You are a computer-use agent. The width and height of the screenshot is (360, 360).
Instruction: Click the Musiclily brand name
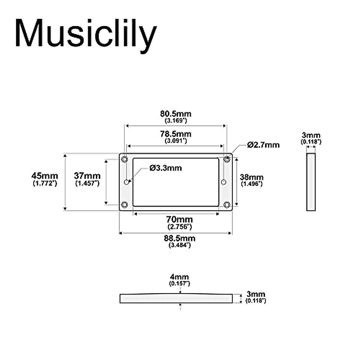click(x=85, y=34)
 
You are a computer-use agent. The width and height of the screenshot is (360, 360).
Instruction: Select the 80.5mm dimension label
click(x=175, y=114)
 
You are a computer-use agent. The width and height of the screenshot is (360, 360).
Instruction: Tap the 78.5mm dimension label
click(x=175, y=134)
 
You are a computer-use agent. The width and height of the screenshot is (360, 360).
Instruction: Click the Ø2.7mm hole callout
click(x=263, y=145)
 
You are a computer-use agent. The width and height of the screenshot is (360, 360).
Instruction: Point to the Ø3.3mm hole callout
click(x=166, y=168)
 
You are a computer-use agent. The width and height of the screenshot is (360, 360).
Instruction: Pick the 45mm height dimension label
click(x=45, y=176)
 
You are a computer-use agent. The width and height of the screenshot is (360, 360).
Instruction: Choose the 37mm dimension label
click(x=87, y=176)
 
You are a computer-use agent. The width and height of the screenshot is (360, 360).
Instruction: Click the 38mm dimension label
click(x=251, y=178)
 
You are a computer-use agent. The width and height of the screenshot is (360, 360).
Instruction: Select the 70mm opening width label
click(x=179, y=220)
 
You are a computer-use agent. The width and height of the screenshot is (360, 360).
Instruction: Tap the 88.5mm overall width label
click(x=179, y=238)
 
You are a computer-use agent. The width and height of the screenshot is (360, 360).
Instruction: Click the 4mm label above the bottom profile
click(x=179, y=277)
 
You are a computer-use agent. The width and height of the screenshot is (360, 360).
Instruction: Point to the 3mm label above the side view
click(x=311, y=135)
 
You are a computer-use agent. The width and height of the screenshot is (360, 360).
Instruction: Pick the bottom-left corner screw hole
click(x=124, y=205)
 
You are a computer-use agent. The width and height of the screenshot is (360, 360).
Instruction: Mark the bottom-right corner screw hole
click(x=227, y=205)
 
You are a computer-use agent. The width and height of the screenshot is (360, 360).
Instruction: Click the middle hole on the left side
click(x=127, y=181)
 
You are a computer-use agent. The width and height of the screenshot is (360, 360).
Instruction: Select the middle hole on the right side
click(x=223, y=182)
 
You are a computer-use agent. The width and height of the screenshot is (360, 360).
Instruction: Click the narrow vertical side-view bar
click(x=311, y=182)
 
